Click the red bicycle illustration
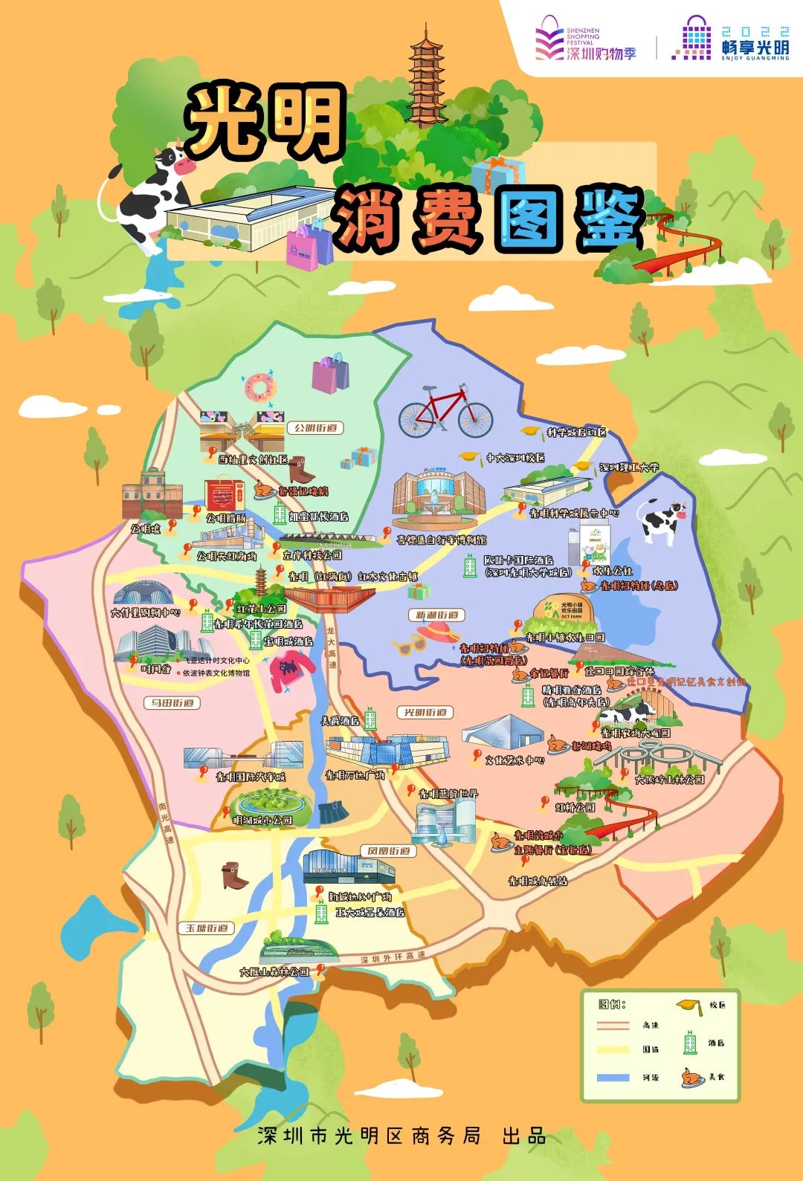[x=445, y=412]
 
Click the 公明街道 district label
[x=315, y=428]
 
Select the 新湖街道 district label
[x=436, y=615]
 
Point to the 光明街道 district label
[x=425, y=712]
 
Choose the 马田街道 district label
[x=172, y=702]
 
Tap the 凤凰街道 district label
[x=389, y=850]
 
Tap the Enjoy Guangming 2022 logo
[x=732, y=39]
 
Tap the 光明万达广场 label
[x=355, y=775]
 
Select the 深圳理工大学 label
[x=629, y=467]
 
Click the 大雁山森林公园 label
[x=274, y=971]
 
